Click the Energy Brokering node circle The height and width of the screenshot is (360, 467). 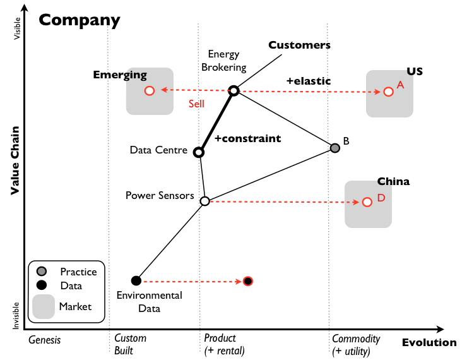click(233, 91)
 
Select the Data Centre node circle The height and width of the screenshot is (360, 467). click(199, 152)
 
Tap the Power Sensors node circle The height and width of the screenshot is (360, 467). click(204, 201)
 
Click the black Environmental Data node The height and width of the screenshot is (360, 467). click(136, 280)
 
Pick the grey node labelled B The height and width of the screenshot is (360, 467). click(335, 148)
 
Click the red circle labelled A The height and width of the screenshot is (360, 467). click(388, 92)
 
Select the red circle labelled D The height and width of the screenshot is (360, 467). click(367, 202)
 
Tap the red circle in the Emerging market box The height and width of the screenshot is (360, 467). click(150, 91)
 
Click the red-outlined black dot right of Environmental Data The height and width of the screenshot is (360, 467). click(248, 281)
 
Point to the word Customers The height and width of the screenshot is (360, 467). click(299, 45)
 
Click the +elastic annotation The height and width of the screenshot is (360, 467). click(308, 81)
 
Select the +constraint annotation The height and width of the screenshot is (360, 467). click(247, 138)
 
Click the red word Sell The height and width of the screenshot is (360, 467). click(196, 104)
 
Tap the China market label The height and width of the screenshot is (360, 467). click(393, 181)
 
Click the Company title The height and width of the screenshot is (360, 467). click(80, 20)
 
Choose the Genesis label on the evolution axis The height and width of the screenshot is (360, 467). click(45, 340)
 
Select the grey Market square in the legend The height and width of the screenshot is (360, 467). click(43, 307)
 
